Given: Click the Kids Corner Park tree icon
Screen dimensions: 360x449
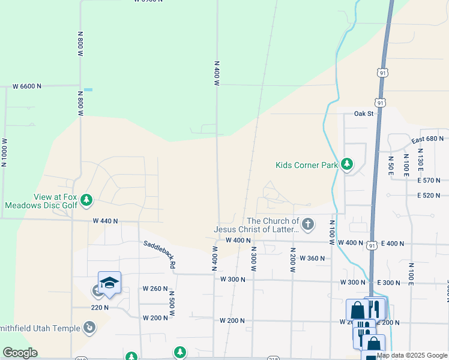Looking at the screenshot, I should [347, 164].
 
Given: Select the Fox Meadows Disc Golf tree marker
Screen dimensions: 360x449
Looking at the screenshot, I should [87, 199].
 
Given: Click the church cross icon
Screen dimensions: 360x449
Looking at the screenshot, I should [308, 224].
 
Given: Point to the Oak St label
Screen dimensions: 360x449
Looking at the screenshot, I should [364, 113].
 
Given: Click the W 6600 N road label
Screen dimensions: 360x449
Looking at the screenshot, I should [27, 86].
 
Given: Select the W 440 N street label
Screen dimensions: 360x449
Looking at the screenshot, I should [105, 221].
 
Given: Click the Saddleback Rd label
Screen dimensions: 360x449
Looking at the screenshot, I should [159, 254].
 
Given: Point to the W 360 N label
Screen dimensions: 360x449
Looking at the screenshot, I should [312, 259].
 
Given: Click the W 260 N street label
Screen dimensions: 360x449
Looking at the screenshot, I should [155, 289].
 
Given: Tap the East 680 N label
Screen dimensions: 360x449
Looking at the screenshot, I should [426, 139].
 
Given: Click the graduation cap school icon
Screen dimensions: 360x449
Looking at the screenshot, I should [110, 283].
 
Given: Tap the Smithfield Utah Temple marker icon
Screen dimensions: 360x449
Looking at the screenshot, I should [89, 328].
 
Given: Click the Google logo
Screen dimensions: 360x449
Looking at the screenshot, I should [20, 353].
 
